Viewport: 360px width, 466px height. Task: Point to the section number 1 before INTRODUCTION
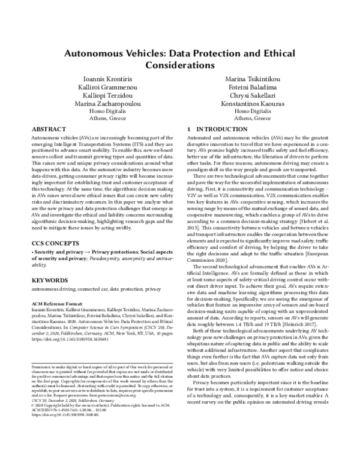click(x=190, y=129)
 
